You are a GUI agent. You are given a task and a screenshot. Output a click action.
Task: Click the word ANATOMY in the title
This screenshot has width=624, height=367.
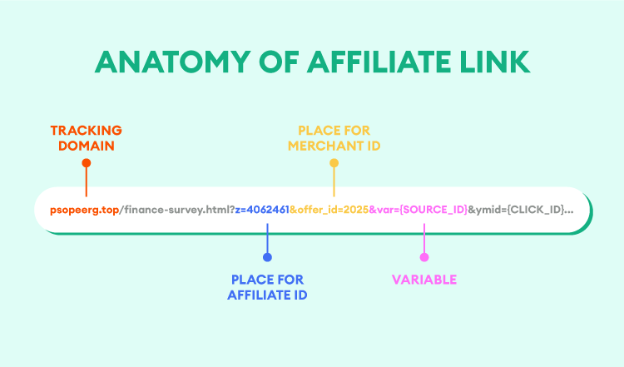[x=173, y=62]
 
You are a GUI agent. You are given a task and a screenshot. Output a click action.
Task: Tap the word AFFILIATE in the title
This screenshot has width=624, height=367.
[x=379, y=62]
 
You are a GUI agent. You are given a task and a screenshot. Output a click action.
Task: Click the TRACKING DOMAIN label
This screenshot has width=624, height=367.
[x=87, y=138]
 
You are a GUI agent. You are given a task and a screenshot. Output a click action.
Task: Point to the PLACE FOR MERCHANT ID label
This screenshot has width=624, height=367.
[x=334, y=138]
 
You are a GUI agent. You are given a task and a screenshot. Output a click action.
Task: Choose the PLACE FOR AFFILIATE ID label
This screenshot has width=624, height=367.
[x=267, y=287]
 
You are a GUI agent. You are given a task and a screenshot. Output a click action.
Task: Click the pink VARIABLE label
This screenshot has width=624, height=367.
[x=424, y=280]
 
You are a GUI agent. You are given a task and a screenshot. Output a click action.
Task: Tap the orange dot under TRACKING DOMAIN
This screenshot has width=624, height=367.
[x=87, y=163]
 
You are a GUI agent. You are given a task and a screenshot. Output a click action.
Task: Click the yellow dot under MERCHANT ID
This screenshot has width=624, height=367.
[x=334, y=163]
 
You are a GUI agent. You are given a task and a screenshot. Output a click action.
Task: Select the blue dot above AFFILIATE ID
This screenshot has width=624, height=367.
[x=267, y=257]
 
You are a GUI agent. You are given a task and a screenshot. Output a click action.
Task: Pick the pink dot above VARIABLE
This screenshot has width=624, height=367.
[x=424, y=257]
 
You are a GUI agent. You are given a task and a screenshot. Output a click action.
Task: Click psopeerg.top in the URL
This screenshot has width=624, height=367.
[x=84, y=211]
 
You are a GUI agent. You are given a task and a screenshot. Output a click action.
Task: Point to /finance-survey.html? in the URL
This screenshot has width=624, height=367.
[x=177, y=210]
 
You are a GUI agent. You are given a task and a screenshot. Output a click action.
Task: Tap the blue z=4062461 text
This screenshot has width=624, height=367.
[x=262, y=210]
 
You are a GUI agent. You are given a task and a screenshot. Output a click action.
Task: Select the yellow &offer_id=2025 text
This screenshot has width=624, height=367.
[x=329, y=210]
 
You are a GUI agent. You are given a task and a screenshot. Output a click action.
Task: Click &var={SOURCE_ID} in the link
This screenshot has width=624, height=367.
[x=418, y=210]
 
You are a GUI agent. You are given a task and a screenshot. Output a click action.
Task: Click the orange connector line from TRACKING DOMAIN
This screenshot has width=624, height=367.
[x=87, y=181]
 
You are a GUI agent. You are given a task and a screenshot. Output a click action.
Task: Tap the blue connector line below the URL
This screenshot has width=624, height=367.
[x=267, y=239]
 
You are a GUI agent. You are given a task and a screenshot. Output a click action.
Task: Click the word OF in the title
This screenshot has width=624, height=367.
[x=279, y=62]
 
